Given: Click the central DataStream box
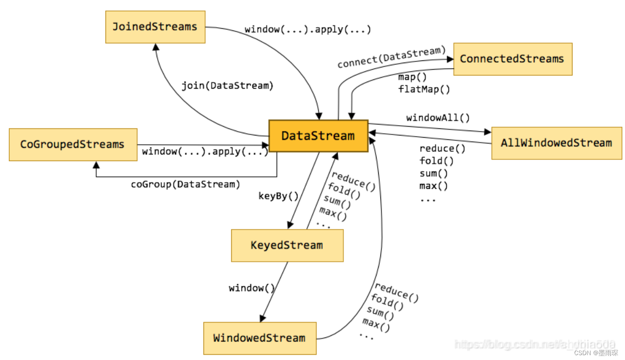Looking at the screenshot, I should [x=318, y=136].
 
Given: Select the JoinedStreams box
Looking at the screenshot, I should [x=155, y=27].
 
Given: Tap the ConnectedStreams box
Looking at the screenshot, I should [x=512, y=59].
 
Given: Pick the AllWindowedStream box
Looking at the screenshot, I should [x=556, y=143].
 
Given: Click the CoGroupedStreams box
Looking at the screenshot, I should [x=73, y=144].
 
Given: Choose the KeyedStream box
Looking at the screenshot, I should [x=287, y=245].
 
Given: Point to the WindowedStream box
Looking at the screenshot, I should [x=260, y=338].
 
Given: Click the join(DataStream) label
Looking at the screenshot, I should [x=228, y=86].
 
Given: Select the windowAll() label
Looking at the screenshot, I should [x=438, y=118].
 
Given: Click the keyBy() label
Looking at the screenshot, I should [x=279, y=196].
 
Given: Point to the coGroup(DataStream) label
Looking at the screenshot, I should [x=185, y=184].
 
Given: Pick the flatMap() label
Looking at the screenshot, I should [x=424, y=90].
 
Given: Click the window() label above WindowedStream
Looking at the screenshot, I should [x=252, y=288].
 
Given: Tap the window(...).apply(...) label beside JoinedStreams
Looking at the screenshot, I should [x=308, y=30].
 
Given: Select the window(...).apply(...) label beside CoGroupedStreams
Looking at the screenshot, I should [x=205, y=152].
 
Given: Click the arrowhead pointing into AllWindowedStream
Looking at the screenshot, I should [x=488, y=131].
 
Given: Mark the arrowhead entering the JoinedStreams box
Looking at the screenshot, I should [x=155, y=47].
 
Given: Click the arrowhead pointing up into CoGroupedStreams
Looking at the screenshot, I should [x=96, y=165].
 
